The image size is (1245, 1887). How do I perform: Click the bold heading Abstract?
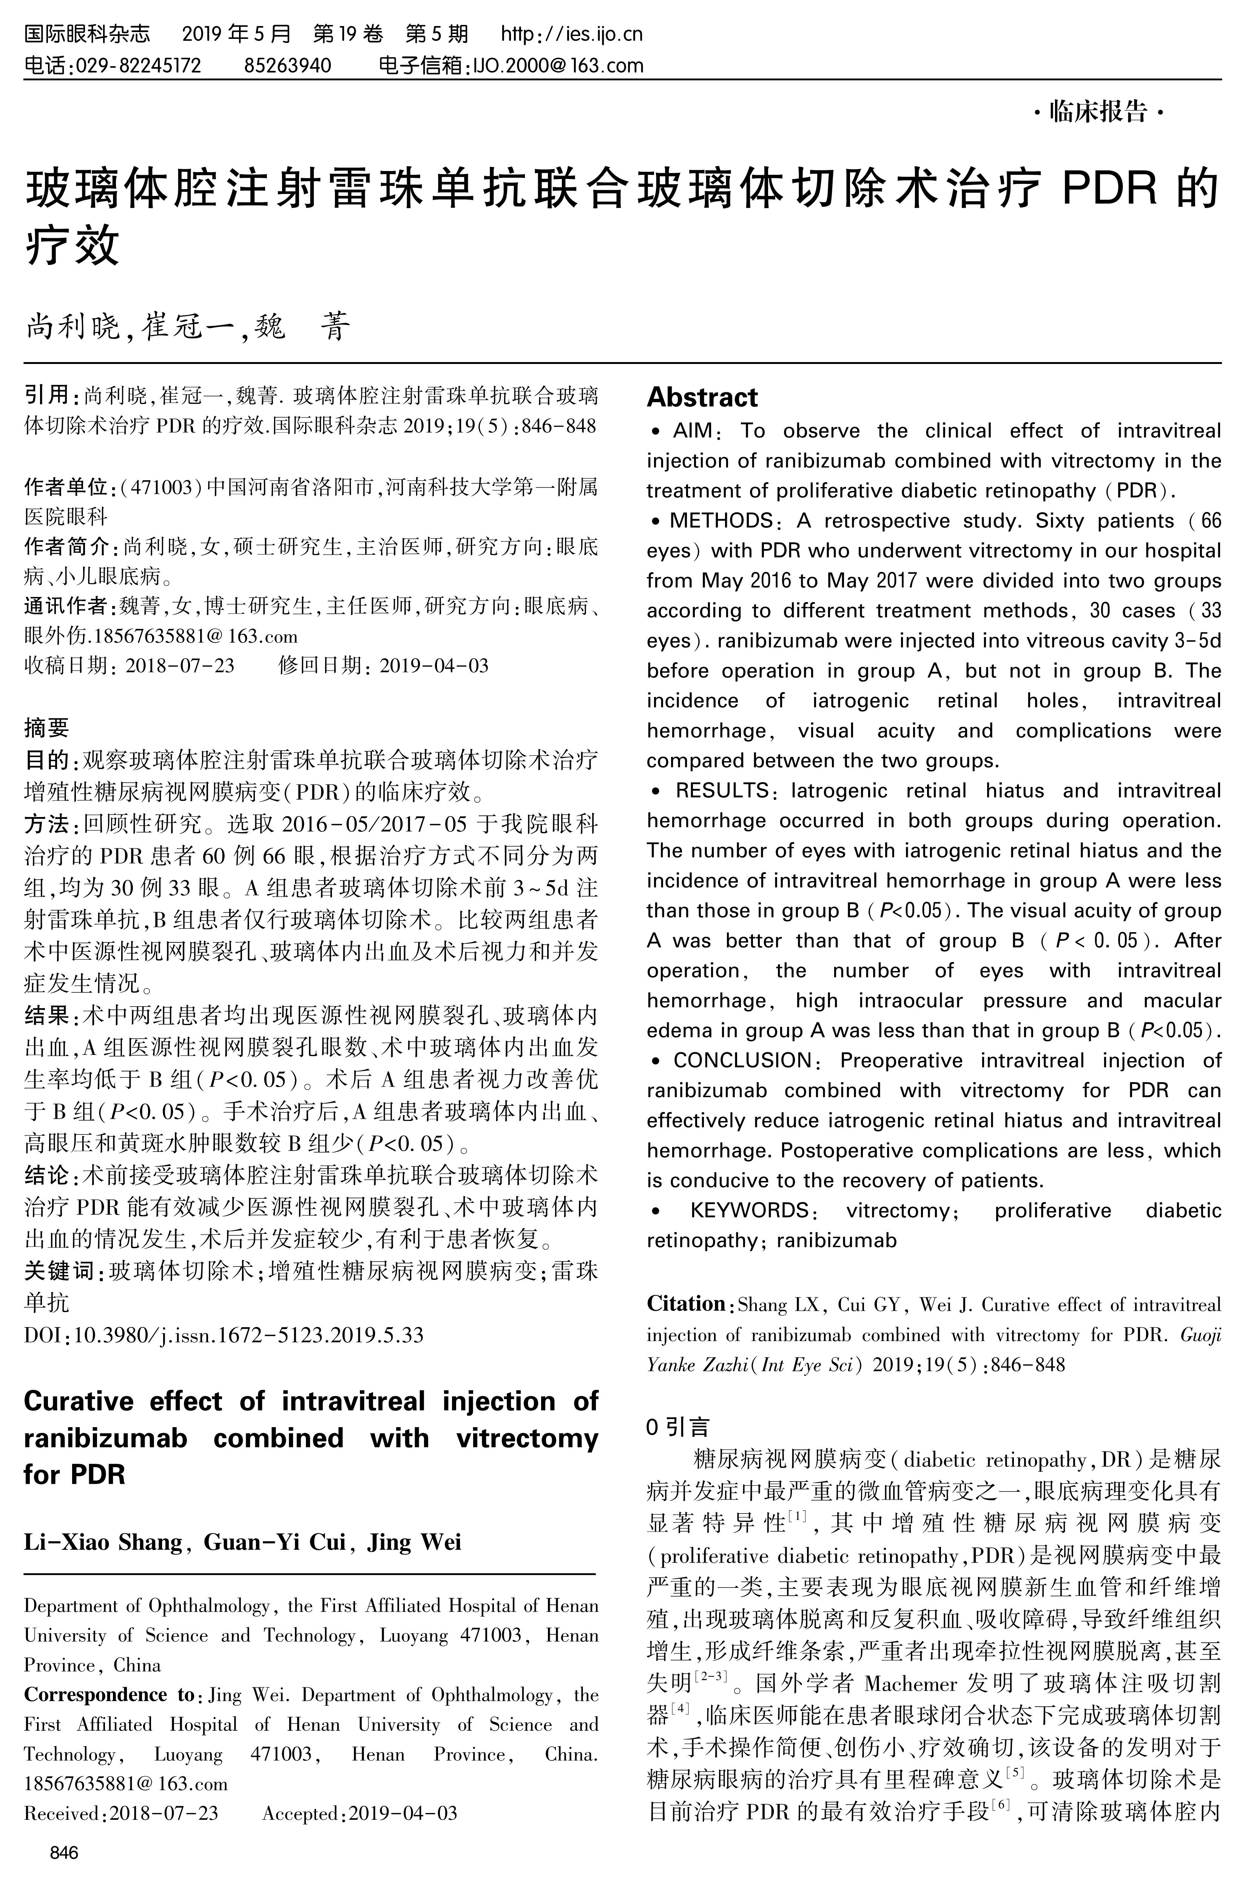702,397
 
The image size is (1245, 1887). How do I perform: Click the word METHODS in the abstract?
721,521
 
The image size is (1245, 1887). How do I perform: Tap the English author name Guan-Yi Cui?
275,1542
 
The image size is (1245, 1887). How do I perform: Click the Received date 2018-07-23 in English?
164,1813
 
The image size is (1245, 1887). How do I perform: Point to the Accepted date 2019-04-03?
403,1813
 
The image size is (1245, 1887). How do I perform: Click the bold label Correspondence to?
110,1694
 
